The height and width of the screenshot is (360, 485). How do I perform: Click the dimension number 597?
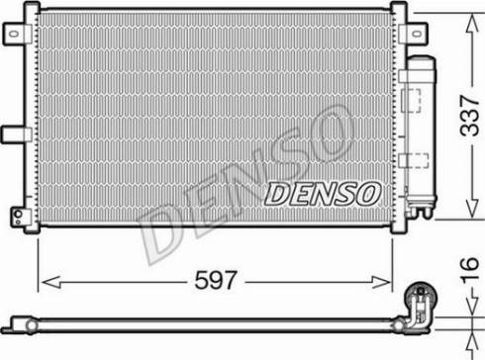[216, 280]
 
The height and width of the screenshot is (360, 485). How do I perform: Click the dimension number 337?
[470, 116]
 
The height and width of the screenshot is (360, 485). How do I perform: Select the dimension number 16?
[470, 271]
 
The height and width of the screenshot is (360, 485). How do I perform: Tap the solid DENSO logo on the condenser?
[323, 194]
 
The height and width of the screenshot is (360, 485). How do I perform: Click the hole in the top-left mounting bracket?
[14, 34]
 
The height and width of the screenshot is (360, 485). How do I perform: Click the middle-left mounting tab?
[16, 135]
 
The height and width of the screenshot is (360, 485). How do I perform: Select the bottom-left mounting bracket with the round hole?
[21, 217]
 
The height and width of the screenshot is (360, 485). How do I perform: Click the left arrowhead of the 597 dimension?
[50, 282]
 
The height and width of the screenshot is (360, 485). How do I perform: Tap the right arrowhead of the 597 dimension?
[381, 282]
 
